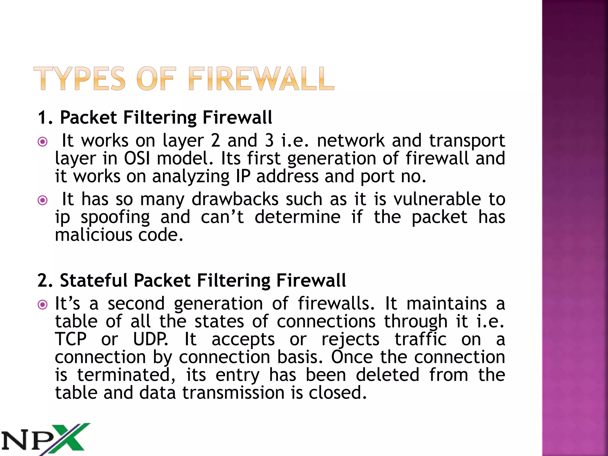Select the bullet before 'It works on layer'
[43, 142]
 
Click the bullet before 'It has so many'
[43, 200]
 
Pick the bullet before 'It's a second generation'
[43, 305]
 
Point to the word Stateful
[94, 281]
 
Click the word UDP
[150, 339]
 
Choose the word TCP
[71, 339]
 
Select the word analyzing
[191, 176]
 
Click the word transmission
[233, 393]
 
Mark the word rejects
[350, 339]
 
